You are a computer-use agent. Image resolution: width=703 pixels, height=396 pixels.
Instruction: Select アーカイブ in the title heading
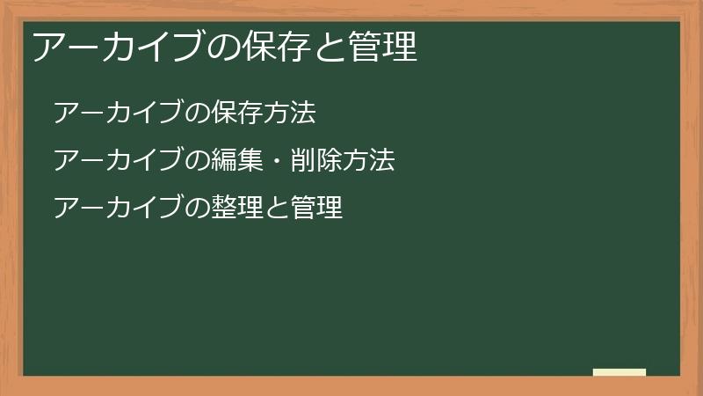coord(120,48)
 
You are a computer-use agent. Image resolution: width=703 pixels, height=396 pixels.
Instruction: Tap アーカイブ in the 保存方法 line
coord(119,114)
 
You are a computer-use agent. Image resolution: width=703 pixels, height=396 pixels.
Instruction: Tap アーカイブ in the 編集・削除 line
coord(119,161)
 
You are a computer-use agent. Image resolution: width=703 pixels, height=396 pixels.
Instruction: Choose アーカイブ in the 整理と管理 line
coord(119,209)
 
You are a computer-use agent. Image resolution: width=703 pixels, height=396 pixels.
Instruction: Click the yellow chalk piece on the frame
coord(619,372)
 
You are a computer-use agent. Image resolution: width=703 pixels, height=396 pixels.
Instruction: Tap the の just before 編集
coord(198,161)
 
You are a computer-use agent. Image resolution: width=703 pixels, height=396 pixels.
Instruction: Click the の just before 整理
coord(198,209)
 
